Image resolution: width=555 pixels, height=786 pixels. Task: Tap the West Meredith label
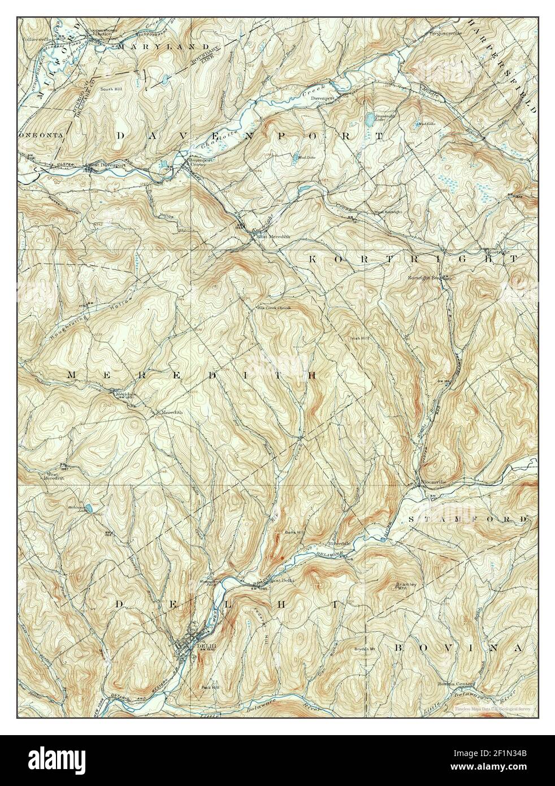pos(53,476)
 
